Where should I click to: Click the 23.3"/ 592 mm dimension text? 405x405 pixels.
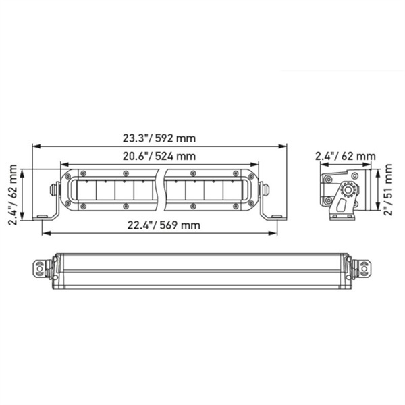[x=159, y=138]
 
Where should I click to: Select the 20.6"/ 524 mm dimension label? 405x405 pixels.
[x=159, y=156]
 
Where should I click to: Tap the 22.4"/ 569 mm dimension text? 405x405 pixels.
[x=159, y=225]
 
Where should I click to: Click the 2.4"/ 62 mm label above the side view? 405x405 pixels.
[x=346, y=157]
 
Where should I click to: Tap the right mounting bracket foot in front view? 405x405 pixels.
[x=273, y=215]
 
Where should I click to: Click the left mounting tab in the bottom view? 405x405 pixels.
[x=40, y=269]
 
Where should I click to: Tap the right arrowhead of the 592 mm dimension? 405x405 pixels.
[x=284, y=145]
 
